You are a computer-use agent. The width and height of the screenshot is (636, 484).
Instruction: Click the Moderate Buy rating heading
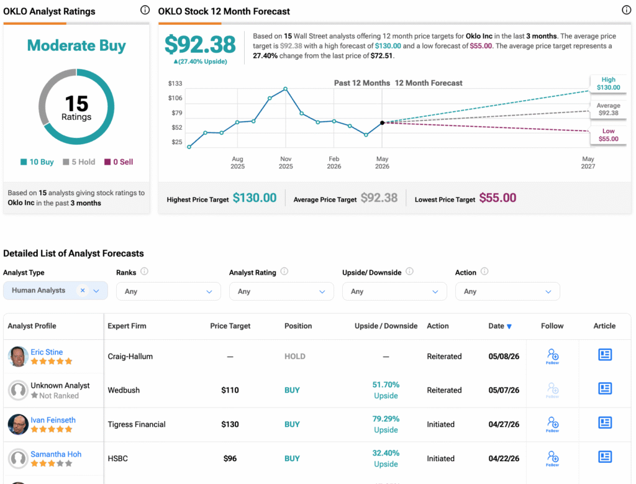(76, 45)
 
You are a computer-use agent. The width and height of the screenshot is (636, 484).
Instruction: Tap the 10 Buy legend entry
(37, 162)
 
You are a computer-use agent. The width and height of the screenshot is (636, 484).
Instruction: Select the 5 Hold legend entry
(79, 162)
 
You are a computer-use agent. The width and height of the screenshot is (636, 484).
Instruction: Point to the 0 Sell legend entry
(119, 162)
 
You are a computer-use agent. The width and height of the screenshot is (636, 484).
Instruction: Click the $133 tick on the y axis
(175, 84)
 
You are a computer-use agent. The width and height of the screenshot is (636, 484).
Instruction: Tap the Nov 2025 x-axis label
(286, 162)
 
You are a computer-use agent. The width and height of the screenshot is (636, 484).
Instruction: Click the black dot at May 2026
(382, 122)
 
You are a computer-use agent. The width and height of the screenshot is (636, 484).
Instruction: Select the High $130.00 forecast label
(608, 84)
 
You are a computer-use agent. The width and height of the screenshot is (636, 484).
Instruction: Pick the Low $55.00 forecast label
(608, 135)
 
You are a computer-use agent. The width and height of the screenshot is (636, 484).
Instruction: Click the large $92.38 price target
(200, 44)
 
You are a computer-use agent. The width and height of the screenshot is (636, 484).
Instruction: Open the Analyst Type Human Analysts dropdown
(55, 291)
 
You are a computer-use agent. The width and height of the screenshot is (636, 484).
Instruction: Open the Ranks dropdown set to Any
(168, 291)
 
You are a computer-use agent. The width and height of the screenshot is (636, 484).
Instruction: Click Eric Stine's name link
(47, 352)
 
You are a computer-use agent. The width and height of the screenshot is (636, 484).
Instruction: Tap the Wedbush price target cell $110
(230, 390)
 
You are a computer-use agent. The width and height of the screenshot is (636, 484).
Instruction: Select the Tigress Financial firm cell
(137, 424)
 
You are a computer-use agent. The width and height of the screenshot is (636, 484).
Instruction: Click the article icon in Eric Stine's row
(605, 355)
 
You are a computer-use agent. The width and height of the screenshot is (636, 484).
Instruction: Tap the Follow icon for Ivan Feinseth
(552, 424)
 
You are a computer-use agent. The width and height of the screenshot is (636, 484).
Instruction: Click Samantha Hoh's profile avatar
(18, 459)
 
